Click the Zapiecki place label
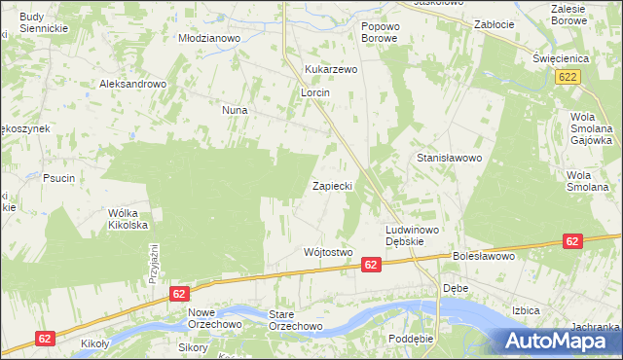pyautogui.click(x=331, y=185)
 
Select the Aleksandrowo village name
pyautogui.click(x=133, y=85)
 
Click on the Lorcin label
pyautogui.click(x=315, y=92)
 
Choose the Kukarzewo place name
pyautogui.click(x=332, y=70)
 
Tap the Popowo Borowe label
pyautogui.click(x=380, y=32)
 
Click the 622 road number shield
pyautogui.click(x=570, y=77)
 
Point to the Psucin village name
pyautogui.click(x=59, y=178)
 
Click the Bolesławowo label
pyautogui.click(x=482, y=257)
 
